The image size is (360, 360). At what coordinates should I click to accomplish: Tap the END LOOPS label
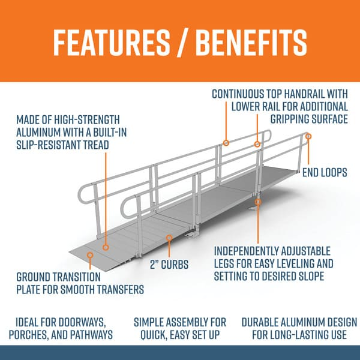[324, 173]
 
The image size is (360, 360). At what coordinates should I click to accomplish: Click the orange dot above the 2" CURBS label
[169, 238]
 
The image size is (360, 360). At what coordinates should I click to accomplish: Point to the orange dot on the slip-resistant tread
[106, 246]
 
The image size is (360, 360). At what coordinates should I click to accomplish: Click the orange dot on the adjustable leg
[258, 202]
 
